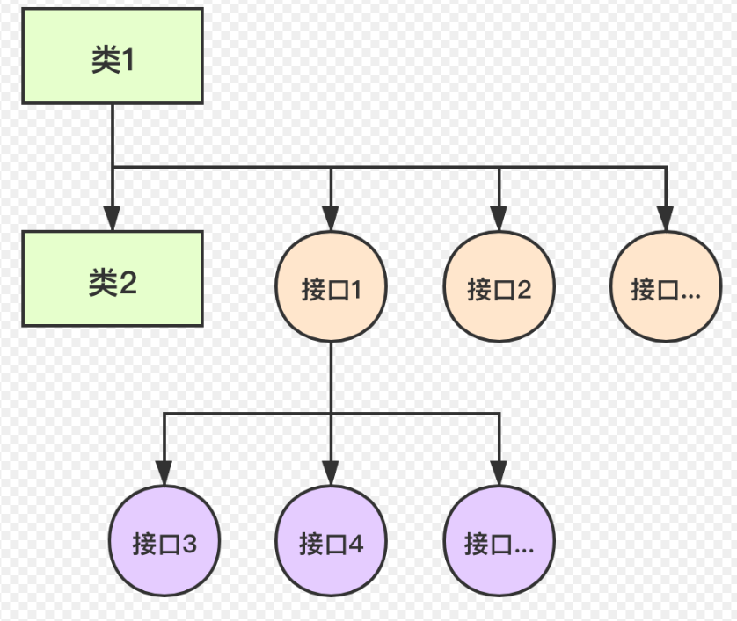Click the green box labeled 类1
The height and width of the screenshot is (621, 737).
[x=113, y=55]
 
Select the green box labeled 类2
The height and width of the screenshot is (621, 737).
[x=113, y=278]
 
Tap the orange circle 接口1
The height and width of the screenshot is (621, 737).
[x=331, y=288]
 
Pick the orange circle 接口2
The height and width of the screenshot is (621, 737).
[x=499, y=288]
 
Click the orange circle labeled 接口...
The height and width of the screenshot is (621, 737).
[x=666, y=288]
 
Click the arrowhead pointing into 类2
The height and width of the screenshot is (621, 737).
[x=113, y=219]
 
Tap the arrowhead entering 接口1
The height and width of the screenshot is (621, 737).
[x=331, y=219]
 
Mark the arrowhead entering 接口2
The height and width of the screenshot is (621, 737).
[x=499, y=219]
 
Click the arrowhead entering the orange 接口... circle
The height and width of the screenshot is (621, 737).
[x=666, y=219]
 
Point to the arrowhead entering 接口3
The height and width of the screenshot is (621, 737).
[x=164, y=473]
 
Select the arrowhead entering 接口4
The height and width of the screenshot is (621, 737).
[x=331, y=473]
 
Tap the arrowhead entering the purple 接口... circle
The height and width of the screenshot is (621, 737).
[x=499, y=473]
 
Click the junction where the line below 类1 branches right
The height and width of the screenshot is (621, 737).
[x=113, y=166]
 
